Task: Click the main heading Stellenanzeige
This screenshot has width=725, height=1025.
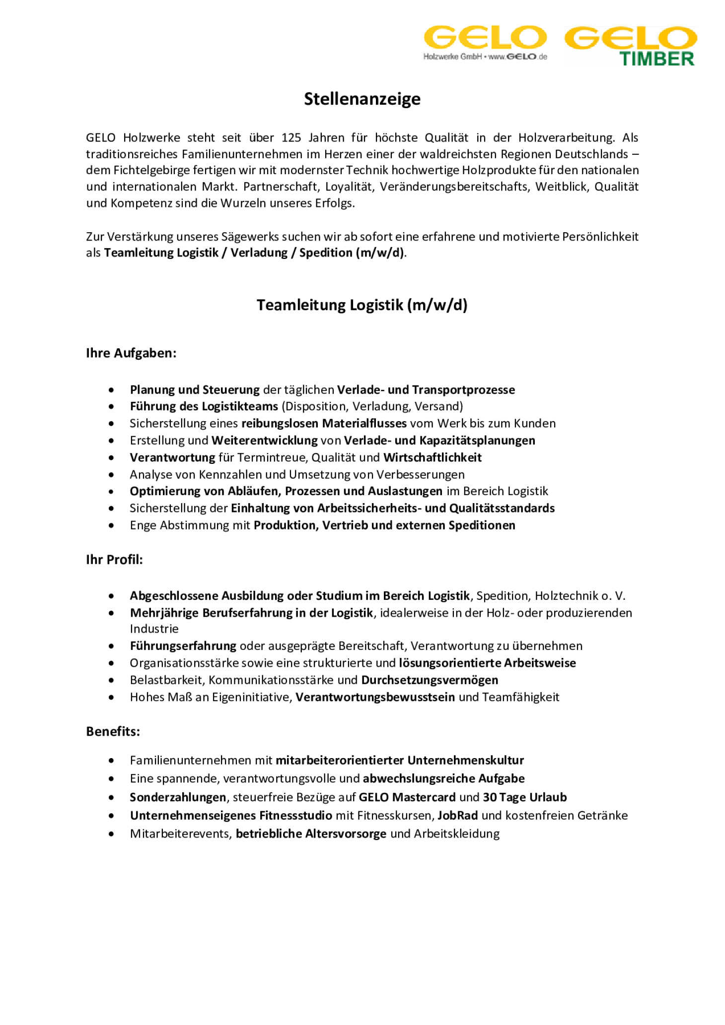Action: click(362, 99)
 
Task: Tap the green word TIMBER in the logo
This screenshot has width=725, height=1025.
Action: click(656, 59)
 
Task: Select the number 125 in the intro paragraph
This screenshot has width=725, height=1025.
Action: click(291, 137)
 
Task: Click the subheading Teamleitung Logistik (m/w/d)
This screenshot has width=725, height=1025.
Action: click(362, 305)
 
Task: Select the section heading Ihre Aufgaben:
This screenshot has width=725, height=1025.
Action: click(131, 353)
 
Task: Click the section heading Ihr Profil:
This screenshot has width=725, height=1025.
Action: click(114, 560)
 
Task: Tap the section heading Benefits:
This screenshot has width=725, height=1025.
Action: click(113, 731)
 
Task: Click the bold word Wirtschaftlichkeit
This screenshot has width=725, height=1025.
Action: click(432, 457)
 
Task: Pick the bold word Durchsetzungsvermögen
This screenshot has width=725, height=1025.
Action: click(429, 680)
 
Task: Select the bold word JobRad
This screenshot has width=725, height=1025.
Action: click(457, 816)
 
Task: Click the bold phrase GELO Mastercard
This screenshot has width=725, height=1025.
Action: click(407, 797)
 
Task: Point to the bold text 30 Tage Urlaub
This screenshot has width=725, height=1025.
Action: click(524, 797)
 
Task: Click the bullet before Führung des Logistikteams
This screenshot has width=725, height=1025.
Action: click(111, 407)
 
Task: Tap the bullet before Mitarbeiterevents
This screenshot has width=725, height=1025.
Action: click(111, 834)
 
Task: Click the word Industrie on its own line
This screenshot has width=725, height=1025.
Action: click(154, 629)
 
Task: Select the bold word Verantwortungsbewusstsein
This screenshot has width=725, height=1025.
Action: click(375, 697)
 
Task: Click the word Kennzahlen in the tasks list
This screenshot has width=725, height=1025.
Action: click(230, 475)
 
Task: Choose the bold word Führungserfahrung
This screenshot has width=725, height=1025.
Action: click(183, 646)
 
